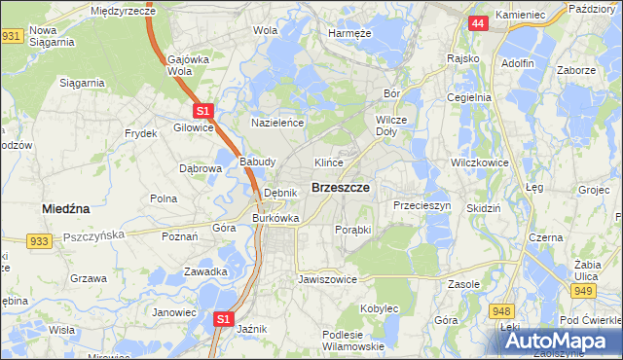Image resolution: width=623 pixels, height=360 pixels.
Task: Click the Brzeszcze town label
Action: tap(339, 187)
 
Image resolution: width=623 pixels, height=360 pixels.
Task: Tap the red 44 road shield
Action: tap(477, 22)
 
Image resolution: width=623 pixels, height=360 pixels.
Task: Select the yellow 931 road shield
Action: tap(11, 36)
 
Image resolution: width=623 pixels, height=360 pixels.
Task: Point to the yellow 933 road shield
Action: tap(40, 240)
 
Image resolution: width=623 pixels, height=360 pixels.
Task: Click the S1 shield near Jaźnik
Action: tap(224, 318)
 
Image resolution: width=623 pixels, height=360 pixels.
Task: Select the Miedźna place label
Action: tap(66, 208)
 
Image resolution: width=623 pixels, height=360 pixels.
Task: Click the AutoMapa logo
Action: tap(560, 341)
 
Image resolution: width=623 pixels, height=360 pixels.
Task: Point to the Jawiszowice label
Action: tap(327, 279)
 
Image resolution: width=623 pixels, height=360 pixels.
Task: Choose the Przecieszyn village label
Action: tap(421, 206)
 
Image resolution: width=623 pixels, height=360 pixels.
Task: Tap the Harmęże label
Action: tap(349, 32)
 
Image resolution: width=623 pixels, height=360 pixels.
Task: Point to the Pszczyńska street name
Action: tap(94, 235)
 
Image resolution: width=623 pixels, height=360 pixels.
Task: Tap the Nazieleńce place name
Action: tap(278, 124)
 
